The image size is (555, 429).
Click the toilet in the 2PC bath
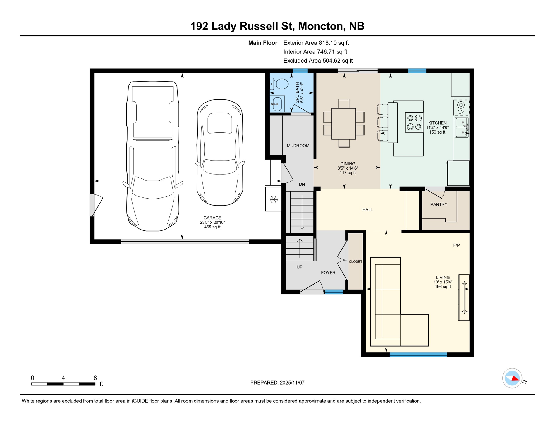point(280,84)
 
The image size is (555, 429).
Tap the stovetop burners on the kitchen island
point(414,122)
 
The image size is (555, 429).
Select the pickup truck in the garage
point(152,156)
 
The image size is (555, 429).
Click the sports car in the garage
point(220,152)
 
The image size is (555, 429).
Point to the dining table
point(344,123)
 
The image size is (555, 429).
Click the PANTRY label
point(439,204)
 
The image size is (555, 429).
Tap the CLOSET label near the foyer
point(355,261)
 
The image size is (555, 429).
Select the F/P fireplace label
point(456,245)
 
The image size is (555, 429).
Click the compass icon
point(512,378)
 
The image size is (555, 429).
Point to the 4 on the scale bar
point(63,378)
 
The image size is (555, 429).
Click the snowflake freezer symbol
point(274,199)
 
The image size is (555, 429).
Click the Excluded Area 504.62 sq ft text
point(318,61)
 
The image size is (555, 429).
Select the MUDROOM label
point(298,146)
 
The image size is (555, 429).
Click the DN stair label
point(302,184)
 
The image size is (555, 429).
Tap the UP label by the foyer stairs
point(299,267)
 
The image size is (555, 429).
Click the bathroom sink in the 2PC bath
point(277,104)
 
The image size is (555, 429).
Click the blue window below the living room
point(418,355)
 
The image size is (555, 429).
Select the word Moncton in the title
point(319,26)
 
